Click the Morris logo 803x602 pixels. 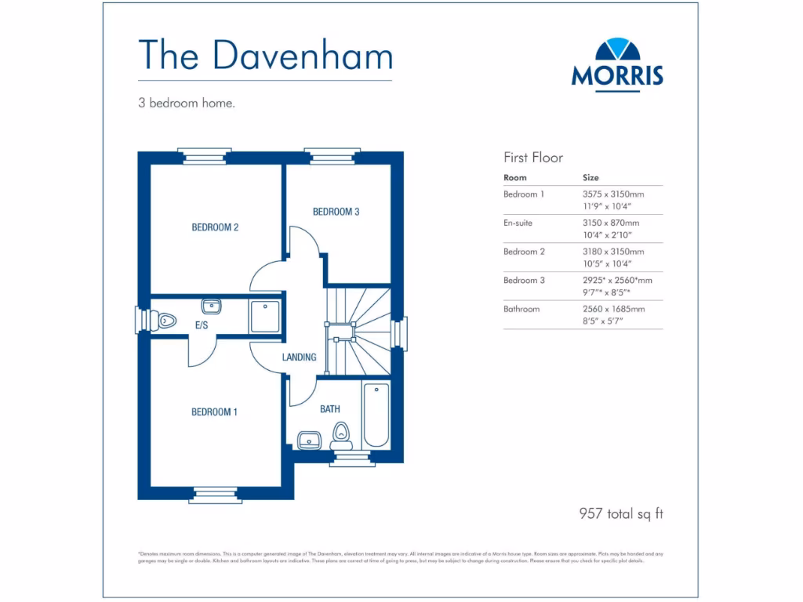tap(617, 63)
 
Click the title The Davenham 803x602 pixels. tap(265, 55)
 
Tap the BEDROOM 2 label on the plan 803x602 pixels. tap(215, 228)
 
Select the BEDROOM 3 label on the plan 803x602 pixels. tap(336, 212)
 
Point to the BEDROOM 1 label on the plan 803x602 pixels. tap(214, 412)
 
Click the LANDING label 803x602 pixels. tap(299, 357)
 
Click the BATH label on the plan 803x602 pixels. tap(330, 409)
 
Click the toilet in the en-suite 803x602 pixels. tap(164, 320)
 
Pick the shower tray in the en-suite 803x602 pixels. tap(265, 316)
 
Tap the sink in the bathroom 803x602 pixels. tap(311, 440)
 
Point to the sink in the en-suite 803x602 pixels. tap(212, 306)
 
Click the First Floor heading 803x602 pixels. tap(533, 158)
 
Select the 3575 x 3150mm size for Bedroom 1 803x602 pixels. tap(612, 194)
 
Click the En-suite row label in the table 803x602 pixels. tap(518, 223)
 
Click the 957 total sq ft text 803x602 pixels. tap(621, 514)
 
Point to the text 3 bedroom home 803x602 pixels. tap(187, 103)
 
